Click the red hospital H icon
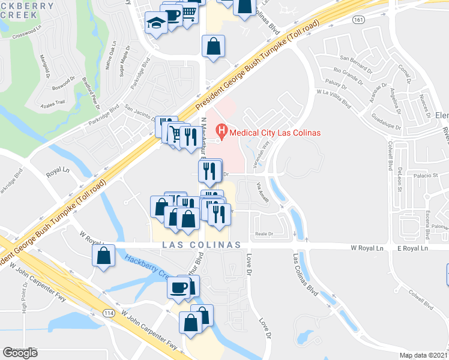point(223,130)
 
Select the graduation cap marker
point(156,23)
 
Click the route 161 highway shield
point(358,20)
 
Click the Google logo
point(20,353)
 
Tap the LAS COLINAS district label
point(201,245)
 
